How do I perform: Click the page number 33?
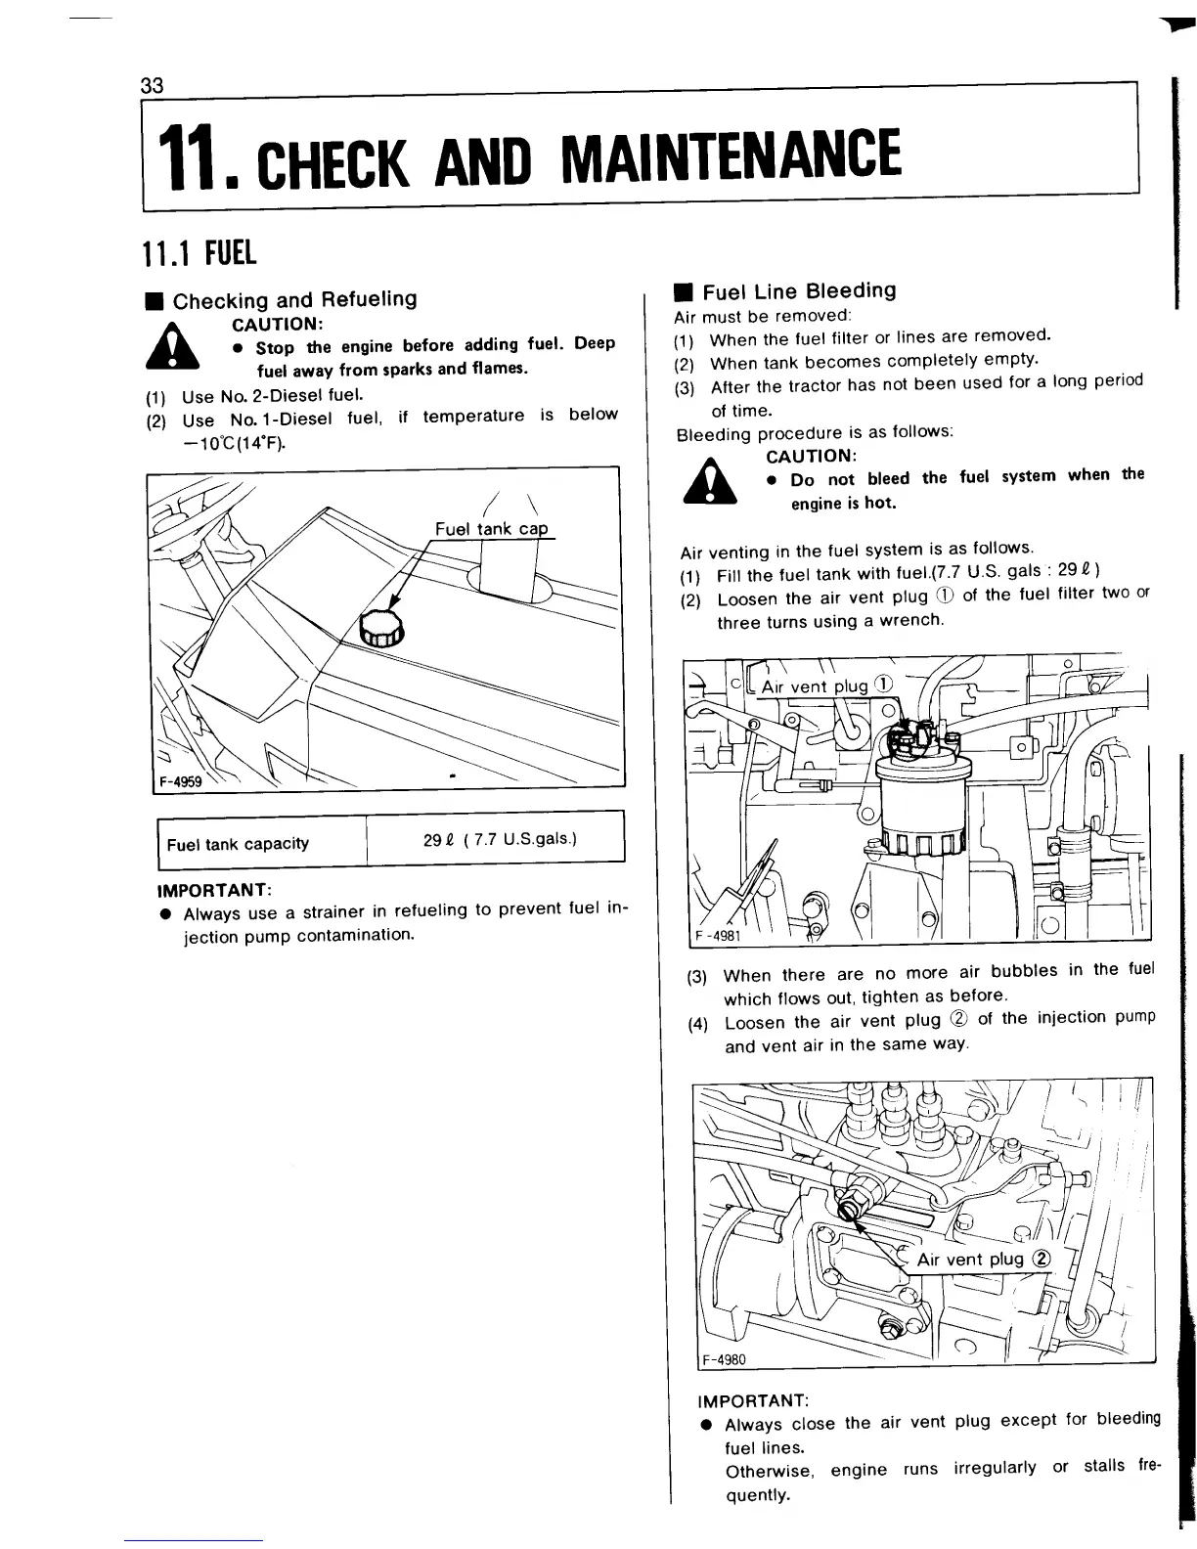(152, 84)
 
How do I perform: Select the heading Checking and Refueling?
(294, 299)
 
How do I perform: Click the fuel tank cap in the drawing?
(381, 625)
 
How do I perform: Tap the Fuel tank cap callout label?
(491, 529)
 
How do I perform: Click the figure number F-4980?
(724, 1359)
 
